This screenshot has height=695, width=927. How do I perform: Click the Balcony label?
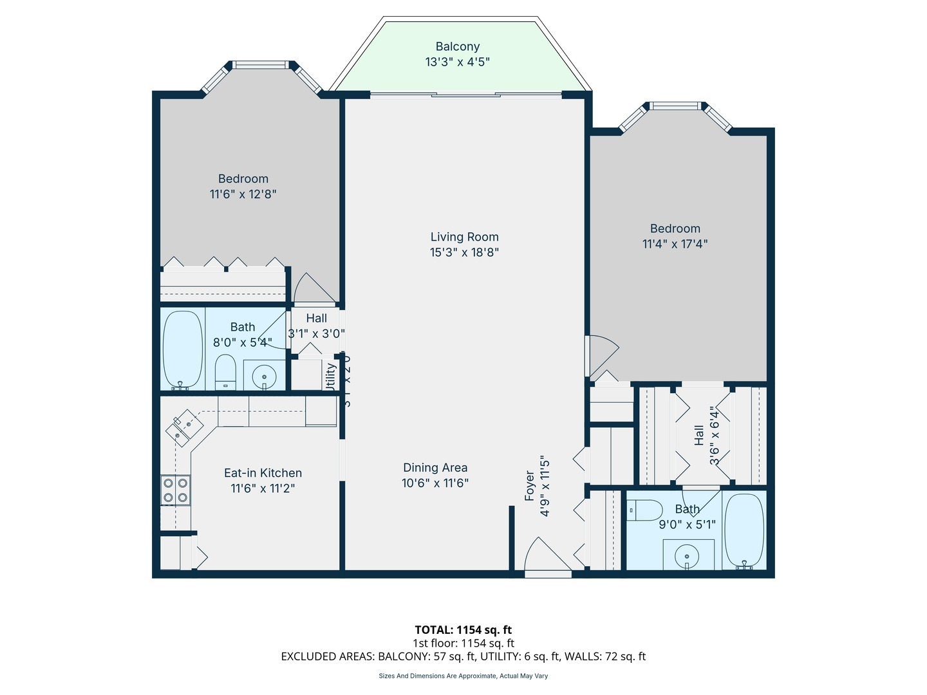tap(457, 47)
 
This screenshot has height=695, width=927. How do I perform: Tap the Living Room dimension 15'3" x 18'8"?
tap(464, 252)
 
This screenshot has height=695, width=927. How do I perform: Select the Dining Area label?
tap(435, 468)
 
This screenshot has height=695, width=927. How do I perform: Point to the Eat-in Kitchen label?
tap(263, 473)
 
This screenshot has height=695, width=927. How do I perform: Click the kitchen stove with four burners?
tap(175, 490)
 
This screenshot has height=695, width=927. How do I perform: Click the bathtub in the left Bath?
tap(183, 350)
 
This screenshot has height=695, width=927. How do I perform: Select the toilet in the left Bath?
tap(225, 371)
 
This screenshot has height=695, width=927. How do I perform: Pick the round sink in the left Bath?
tap(264, 376)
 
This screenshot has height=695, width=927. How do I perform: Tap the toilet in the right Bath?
tap(645, 510)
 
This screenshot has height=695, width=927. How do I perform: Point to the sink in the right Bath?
tap(688, 555)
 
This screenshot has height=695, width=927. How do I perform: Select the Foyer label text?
tap(530, 486)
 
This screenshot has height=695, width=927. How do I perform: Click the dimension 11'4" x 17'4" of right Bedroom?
tap(675, 244)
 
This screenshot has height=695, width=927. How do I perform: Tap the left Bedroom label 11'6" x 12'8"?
tap(243, 194)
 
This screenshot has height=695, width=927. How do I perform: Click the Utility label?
tap(331, 376)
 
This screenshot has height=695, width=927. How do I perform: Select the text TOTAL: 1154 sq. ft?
tap(463, 630)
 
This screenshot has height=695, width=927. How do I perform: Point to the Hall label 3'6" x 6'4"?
tap(707, 435)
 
